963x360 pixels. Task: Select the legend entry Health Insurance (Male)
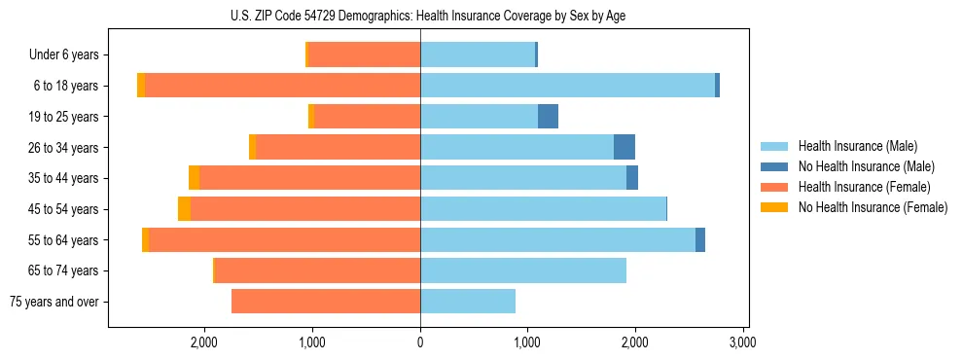click(857, 146)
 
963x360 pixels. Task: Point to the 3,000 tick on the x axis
click(743, 342)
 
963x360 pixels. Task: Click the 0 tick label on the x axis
click(420, 342)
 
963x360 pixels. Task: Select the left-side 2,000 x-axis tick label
click(204, 342)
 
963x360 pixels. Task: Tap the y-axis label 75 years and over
click(54, 302)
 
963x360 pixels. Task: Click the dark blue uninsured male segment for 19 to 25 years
click(548, 117)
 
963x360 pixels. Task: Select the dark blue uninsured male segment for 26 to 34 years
click(624, 147)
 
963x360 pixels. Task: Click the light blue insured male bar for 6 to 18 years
click(567, 86)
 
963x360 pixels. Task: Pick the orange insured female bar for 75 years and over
click(326, 302)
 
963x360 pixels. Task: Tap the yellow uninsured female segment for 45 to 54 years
click(184, 209)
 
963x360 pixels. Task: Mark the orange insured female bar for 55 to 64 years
click(285, 240)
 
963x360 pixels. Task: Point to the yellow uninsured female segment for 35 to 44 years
click(194, 178)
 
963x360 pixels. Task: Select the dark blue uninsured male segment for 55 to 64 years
click(700, 240)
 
